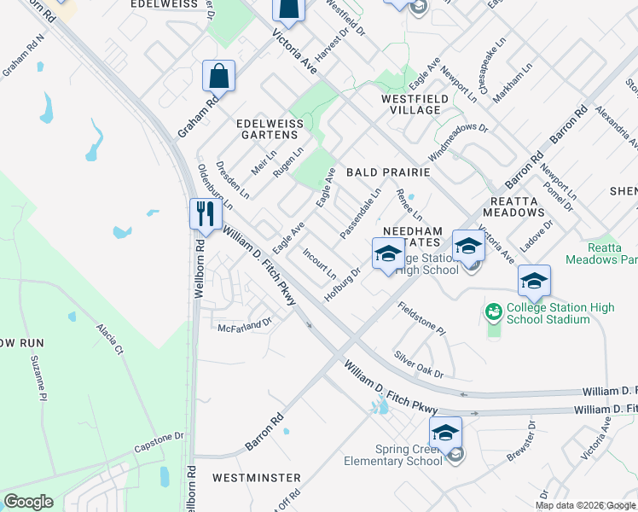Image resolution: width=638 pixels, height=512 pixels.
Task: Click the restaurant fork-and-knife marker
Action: click(x=205, y=212)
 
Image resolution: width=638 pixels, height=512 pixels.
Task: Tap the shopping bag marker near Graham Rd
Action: click(x=219, y=75)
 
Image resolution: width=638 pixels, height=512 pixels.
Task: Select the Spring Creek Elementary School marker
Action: click(x=445, y=433)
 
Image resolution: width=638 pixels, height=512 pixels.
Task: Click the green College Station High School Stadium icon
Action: click(x=494, y=313)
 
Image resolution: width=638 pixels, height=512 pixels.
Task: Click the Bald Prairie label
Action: click(x=387, y=172)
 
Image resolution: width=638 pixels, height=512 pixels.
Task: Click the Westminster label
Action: click(x=256, y=477)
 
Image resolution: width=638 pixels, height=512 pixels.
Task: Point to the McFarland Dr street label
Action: click(x=244, y=324)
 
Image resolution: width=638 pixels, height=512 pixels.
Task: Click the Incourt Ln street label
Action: click(x=319, y=264)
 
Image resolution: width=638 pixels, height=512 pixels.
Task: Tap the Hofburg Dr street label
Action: click(x=343, y=284)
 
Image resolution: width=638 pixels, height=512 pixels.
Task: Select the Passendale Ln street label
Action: click(x=360, y=214)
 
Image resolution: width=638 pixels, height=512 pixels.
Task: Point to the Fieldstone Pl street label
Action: click(x=421, y=317)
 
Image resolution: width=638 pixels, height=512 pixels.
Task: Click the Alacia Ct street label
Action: click(x=109, y=339)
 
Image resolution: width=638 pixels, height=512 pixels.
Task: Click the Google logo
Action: click(x=28, y=502)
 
